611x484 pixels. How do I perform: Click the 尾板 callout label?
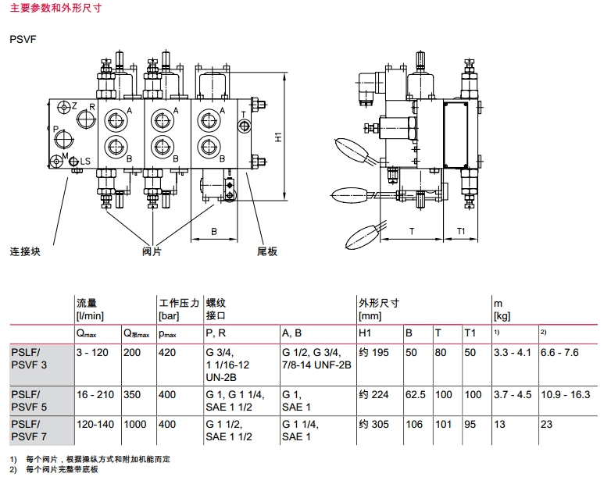click(267, 252)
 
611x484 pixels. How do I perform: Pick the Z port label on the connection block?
click(73, 105)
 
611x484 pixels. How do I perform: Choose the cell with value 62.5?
click(414, 394)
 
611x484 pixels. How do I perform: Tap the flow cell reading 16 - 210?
click(95, 394)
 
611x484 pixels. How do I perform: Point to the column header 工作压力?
click(176, 302)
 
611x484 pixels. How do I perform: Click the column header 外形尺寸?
click(379, 302)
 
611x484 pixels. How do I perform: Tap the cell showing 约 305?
click(373, 422)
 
